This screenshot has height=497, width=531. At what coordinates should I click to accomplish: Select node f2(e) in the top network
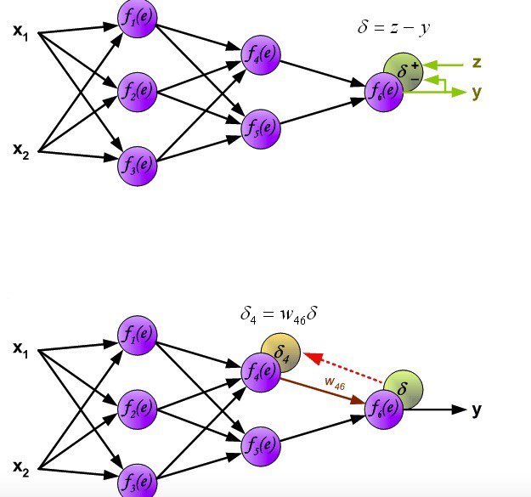(137, 89)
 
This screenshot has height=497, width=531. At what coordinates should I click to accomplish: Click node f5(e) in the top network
(260, 127)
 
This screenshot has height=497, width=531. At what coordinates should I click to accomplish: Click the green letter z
(477, 63)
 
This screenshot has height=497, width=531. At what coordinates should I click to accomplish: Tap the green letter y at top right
(477, 93)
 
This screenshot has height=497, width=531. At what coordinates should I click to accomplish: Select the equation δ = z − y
(393, 29)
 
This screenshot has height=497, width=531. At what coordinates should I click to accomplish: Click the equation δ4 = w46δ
(280, 313)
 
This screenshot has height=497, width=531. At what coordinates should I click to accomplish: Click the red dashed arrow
(346, 368)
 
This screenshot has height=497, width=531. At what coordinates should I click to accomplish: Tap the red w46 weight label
(334, 384)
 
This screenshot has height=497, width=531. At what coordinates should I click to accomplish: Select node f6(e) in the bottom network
(383, 409)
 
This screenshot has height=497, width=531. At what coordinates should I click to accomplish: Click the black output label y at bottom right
(477, 410)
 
